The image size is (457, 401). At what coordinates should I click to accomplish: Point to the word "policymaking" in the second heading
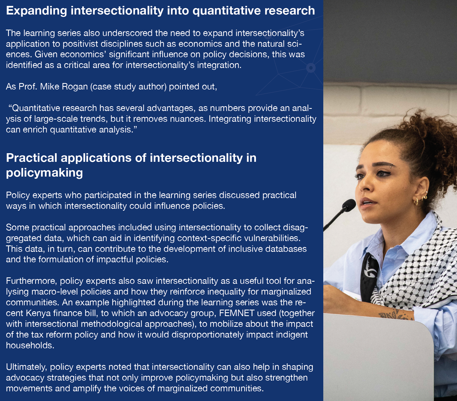44,173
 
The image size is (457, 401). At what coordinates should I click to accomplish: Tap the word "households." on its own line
30,345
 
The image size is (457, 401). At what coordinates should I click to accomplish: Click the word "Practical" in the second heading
32,158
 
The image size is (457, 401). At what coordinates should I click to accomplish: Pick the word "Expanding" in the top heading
37,11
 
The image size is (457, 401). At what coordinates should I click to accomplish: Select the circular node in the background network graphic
311,68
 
